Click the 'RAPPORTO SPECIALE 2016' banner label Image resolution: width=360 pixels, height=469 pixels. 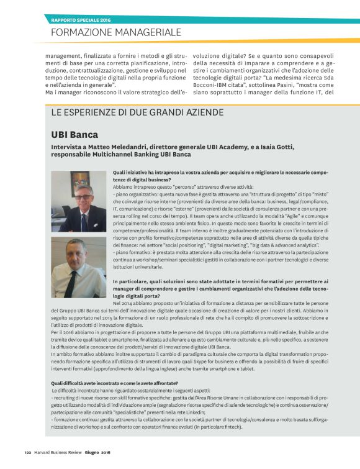(80, 19)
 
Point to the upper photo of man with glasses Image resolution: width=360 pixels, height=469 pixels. (78, 201)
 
